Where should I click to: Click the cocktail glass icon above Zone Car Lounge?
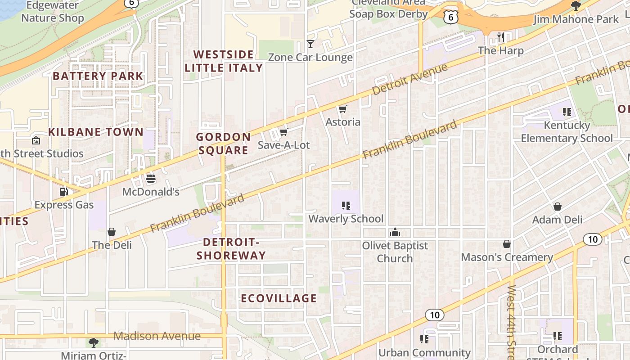310,44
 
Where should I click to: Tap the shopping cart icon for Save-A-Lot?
283,132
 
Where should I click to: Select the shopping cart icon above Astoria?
343,109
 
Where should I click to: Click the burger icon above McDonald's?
151,179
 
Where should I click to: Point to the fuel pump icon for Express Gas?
64,192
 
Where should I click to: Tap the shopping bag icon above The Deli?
112,232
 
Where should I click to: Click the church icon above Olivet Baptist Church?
395,232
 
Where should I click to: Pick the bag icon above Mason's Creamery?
507,244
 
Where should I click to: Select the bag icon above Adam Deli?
558,207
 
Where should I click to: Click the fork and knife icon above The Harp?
501,37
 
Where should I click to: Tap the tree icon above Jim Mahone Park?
576,6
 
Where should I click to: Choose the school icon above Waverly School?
346,206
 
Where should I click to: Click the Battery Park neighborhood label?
98,76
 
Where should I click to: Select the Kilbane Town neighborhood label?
95,132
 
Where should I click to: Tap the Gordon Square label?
223,144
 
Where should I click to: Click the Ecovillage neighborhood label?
279,298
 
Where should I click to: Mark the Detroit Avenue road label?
410,79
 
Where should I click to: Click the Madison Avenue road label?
157,336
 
